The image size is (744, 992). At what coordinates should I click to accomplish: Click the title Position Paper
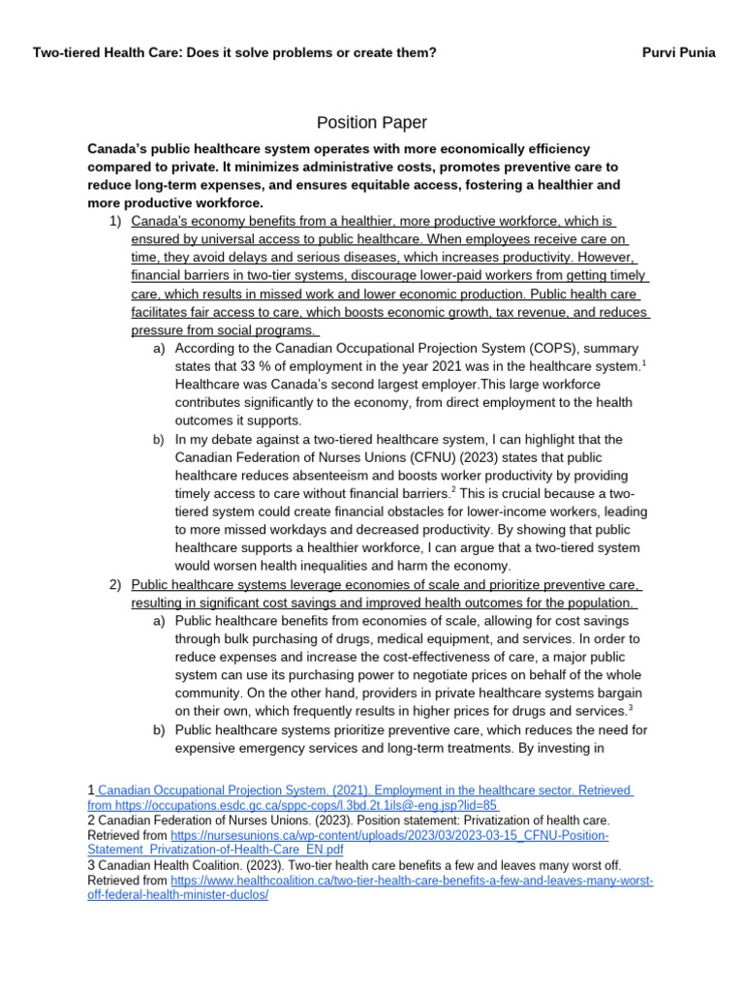click(x=372, y=122)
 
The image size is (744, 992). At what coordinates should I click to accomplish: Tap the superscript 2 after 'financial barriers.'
click(x=454, y=490)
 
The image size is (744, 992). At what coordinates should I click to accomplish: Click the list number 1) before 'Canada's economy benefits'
click(x=115, y=222)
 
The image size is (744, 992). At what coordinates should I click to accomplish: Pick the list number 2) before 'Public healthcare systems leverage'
click(x=115, y=584)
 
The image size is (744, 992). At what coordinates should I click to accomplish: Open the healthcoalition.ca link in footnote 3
click(x=412, y=881)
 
